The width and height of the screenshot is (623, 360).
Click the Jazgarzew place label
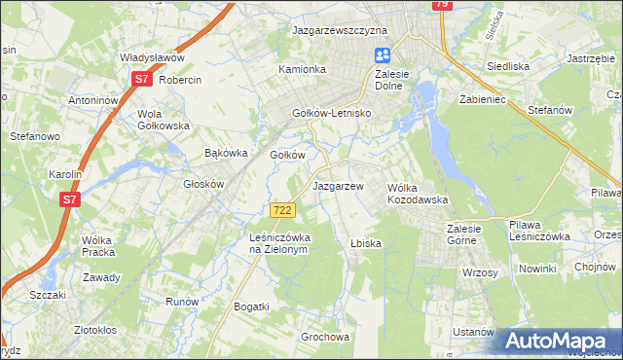click(x=338, y=185)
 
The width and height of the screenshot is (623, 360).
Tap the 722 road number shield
click(x=282, y=210)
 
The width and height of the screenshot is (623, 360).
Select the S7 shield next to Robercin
click(x=141, y=80)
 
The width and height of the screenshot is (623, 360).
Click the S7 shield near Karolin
click(x=69, y=199)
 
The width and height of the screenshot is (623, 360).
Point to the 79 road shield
click(x=442, y=5)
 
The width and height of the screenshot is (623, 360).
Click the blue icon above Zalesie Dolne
click(x=383, y=56)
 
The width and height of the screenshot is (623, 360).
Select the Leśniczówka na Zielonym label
click(x=278, y=242)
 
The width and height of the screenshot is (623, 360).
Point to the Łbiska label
click(x=366, y=242)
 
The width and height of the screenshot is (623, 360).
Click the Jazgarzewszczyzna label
click(x=340, y=30)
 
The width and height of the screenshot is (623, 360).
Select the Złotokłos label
click(x=103, y=329)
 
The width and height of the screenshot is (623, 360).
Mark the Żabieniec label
click(x=478, y=99)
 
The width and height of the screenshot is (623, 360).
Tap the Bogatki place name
click(x=251, y=306)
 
